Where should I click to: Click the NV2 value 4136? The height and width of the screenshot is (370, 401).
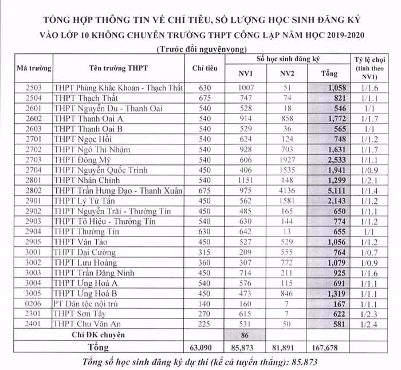point(287,191)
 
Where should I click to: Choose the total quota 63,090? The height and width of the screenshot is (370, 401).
point(205,348)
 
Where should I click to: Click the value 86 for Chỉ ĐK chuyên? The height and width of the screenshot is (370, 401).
point(245,336)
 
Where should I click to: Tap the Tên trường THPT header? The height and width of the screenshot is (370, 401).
point(119,68)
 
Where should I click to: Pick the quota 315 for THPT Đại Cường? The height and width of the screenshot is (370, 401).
point(205,253)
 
